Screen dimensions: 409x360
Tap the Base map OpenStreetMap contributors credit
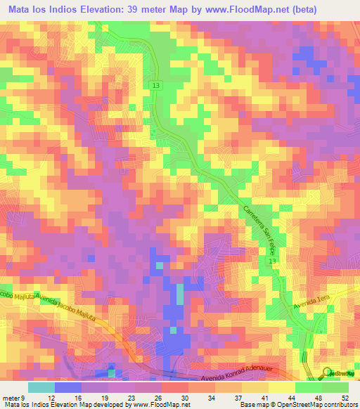(298, 404)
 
